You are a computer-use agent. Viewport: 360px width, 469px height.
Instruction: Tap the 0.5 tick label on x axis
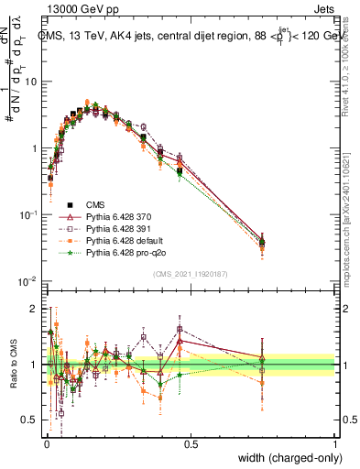191,442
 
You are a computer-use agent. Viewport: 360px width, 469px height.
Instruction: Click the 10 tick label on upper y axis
30,82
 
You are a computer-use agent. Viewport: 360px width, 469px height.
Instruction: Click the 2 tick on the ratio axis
34,309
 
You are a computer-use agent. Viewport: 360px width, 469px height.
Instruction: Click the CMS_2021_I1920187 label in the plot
188,273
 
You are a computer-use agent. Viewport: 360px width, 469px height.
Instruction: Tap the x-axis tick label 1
335,442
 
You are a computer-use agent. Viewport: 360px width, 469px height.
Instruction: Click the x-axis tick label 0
46,442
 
